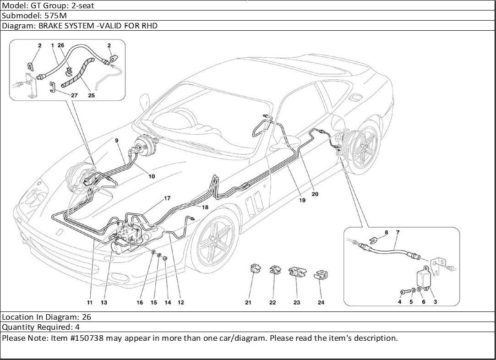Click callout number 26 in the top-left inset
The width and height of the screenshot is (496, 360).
coord(61,45)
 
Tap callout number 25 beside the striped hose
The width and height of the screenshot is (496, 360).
coord(91,95)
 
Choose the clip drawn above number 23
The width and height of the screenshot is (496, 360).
coord(296,273)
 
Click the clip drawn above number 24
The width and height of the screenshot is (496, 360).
coord(321,275)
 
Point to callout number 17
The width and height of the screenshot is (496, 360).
coord(167,198)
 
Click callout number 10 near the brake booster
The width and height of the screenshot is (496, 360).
coord(152,176)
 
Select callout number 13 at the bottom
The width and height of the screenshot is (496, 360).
coord(104,302)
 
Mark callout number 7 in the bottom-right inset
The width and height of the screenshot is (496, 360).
coord(397,233)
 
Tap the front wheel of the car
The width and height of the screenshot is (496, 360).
coord(214,240)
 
